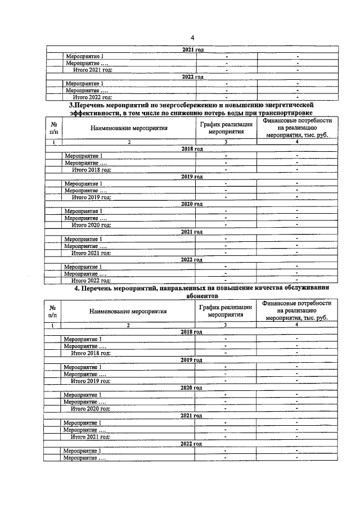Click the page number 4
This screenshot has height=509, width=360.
192,37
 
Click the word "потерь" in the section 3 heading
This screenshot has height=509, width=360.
206,113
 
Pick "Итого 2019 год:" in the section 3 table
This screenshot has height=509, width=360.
92,197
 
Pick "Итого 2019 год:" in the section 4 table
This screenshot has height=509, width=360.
91,381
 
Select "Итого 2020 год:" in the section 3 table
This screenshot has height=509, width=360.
92,225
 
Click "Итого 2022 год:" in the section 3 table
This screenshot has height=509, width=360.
92,280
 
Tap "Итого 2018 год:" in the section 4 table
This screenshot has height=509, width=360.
91,353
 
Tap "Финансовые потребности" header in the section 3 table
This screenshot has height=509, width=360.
297,121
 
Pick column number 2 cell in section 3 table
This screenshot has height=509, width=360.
129,143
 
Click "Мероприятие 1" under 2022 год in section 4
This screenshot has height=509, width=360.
83,451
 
